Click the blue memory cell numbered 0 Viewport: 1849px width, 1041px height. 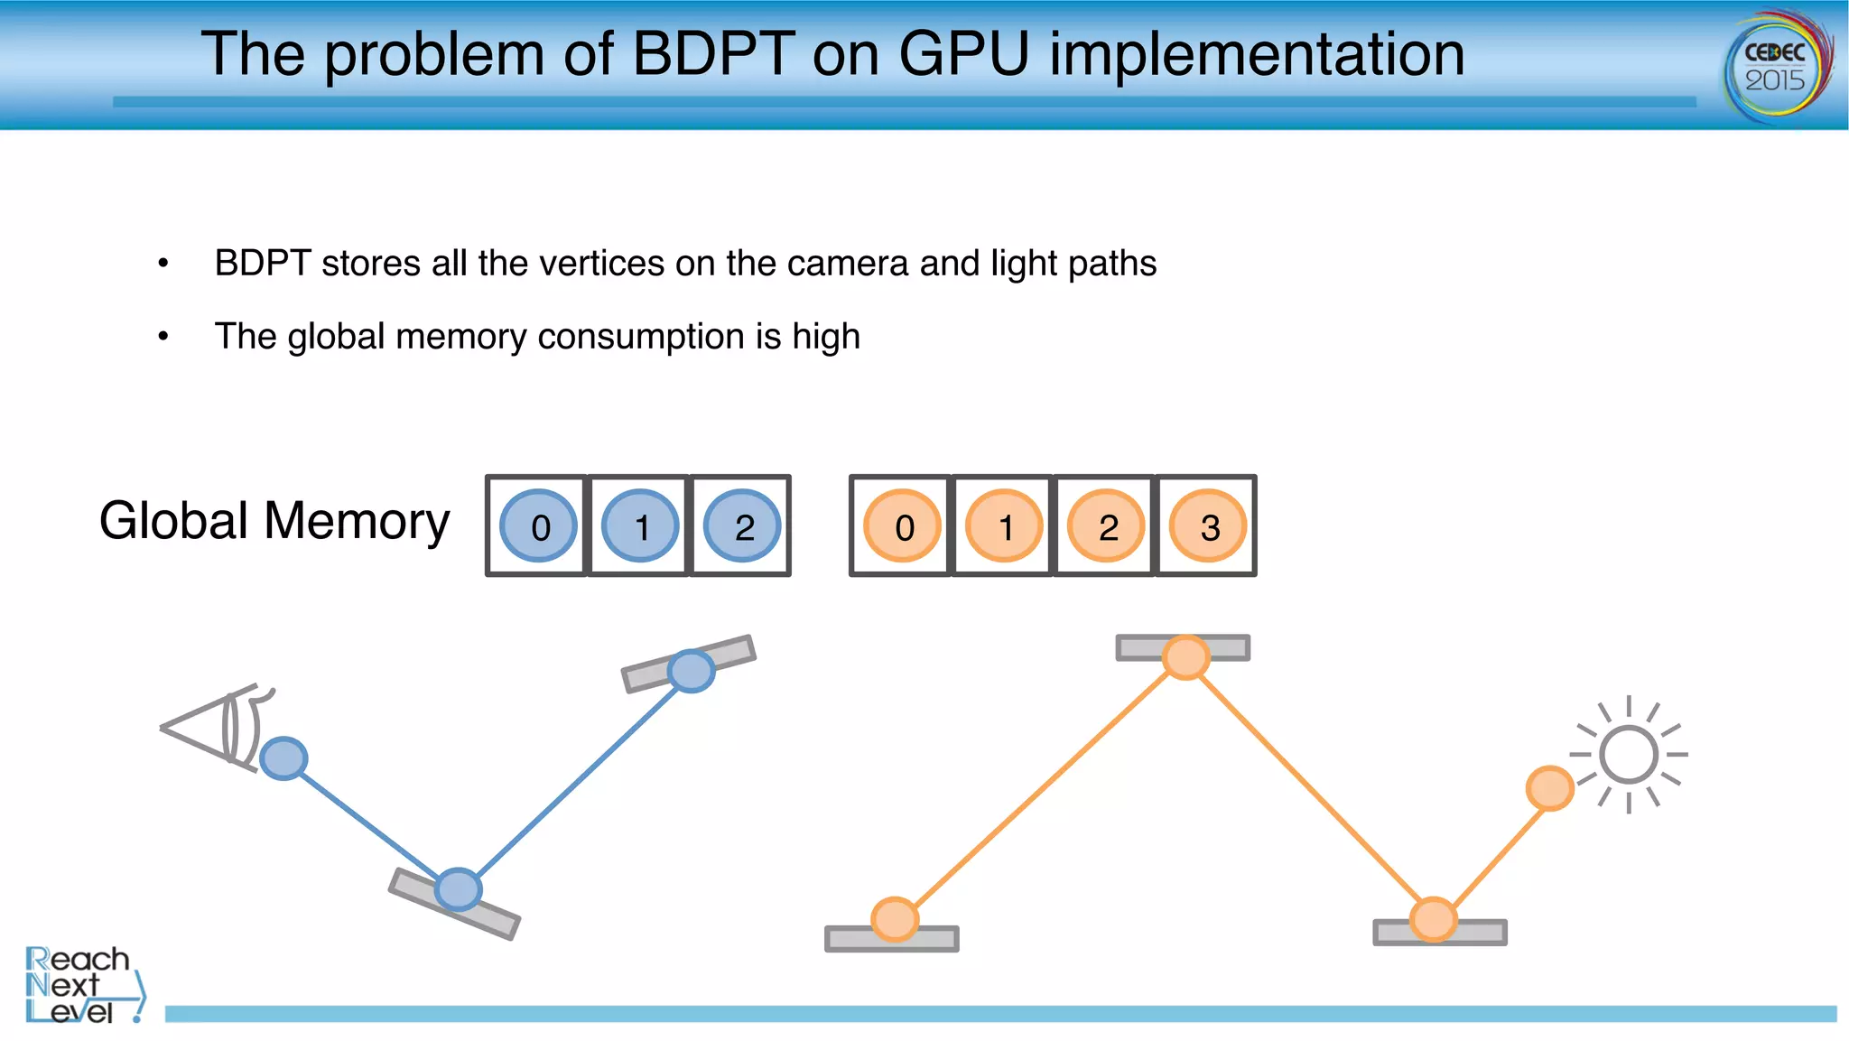click(x=539, y=526)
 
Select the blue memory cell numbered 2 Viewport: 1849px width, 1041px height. click(x=742, y=526)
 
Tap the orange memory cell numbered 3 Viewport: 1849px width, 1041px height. click(x=1208, y=526)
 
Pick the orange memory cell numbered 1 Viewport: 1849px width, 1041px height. click(x=1004, y=526)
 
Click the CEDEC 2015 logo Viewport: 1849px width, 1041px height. click(x=1776, y=67)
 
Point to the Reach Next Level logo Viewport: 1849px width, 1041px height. click(x=81, y=985)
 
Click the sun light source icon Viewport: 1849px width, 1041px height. click(x=1630, y=755)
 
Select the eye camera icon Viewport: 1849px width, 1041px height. click(x=217, y=728)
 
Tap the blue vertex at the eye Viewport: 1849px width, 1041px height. click(x=283, y=758)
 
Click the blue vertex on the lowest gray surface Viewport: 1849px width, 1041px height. click(x=459, y=889)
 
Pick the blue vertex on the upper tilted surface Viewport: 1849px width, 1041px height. click(x=692, y=671)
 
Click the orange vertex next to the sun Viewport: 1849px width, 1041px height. click(x=1549, y=788)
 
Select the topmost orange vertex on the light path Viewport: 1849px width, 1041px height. click(x=1185, y=656)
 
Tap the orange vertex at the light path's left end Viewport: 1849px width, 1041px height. click(x=895, y=919)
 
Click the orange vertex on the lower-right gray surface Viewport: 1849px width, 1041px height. click(x=1434, y=919)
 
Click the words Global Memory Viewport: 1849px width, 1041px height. click(x=274, y=521)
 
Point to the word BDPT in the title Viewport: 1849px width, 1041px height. click(x=713, y=54)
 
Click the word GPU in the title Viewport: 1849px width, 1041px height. click(x=963, y=54)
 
